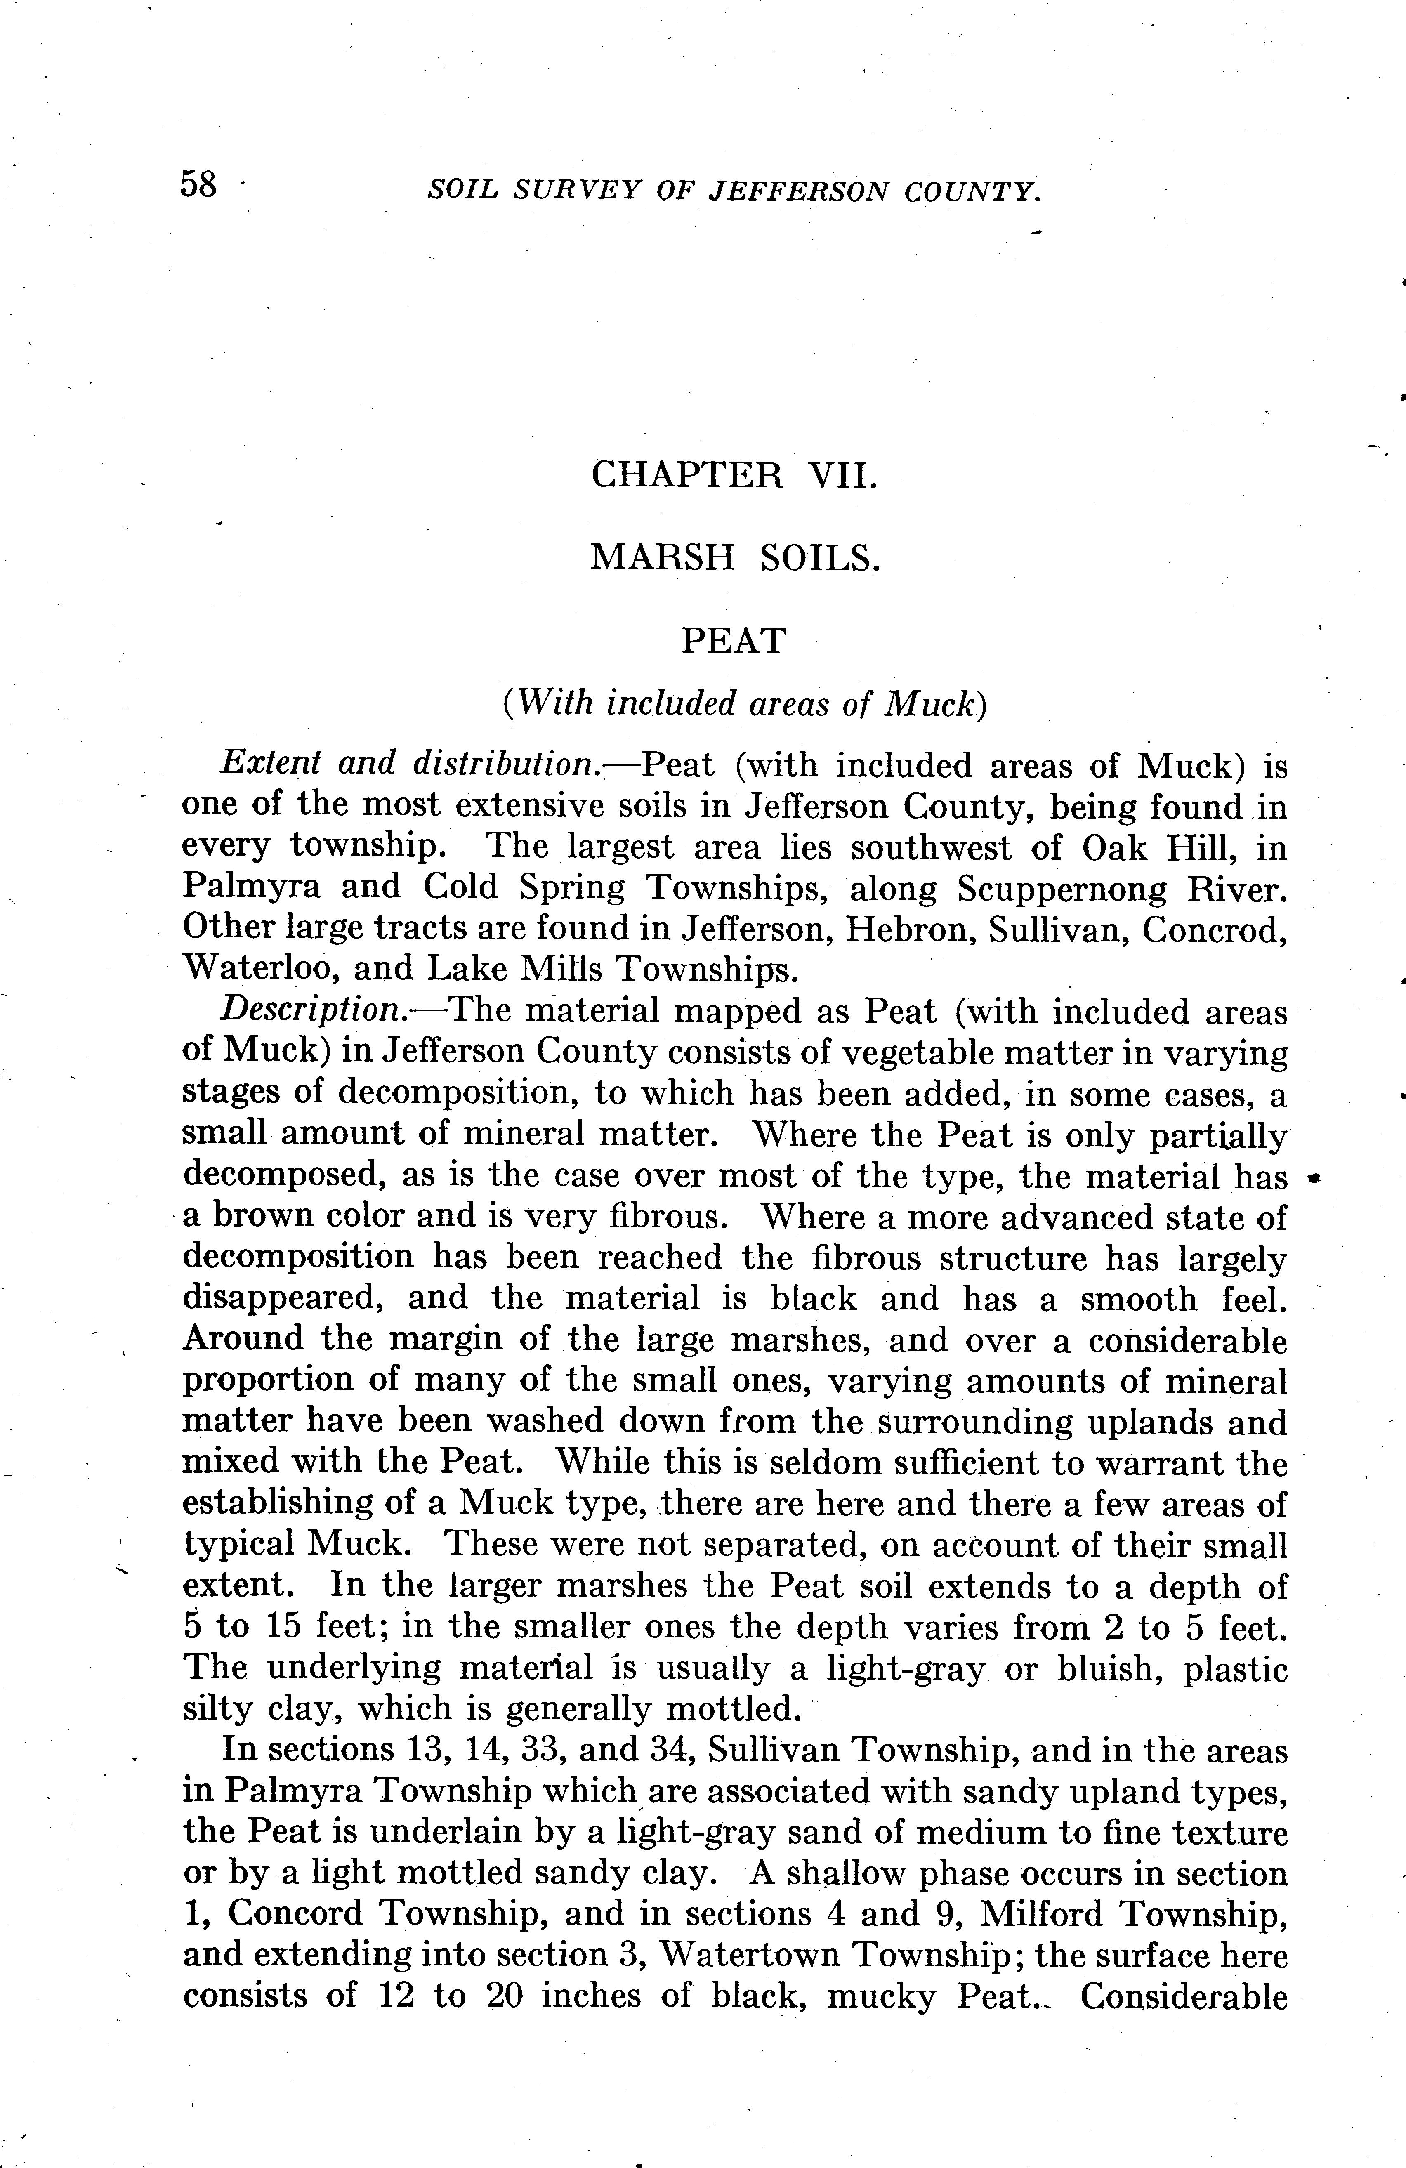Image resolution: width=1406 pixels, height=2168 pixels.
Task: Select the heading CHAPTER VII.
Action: [734, 476]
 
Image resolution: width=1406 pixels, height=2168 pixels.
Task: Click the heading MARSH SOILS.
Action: [734, 557]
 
